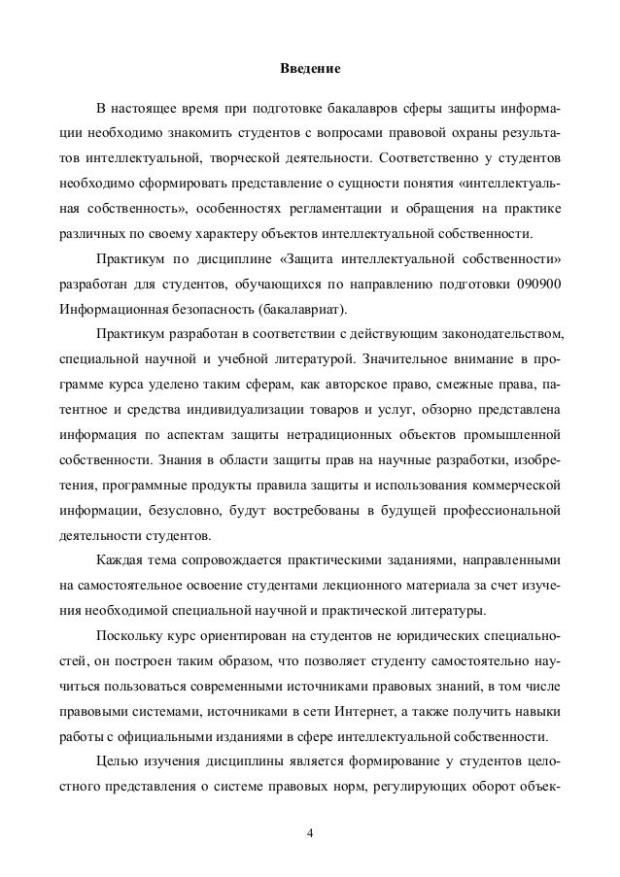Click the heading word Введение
[310, 70]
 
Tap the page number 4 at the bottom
[309, 832]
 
